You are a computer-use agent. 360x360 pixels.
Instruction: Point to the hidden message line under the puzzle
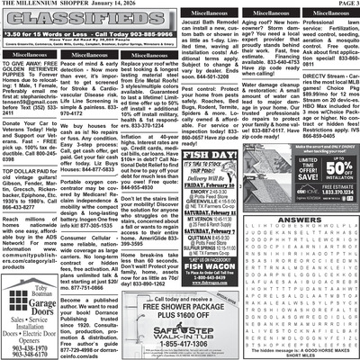[302, 348]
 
